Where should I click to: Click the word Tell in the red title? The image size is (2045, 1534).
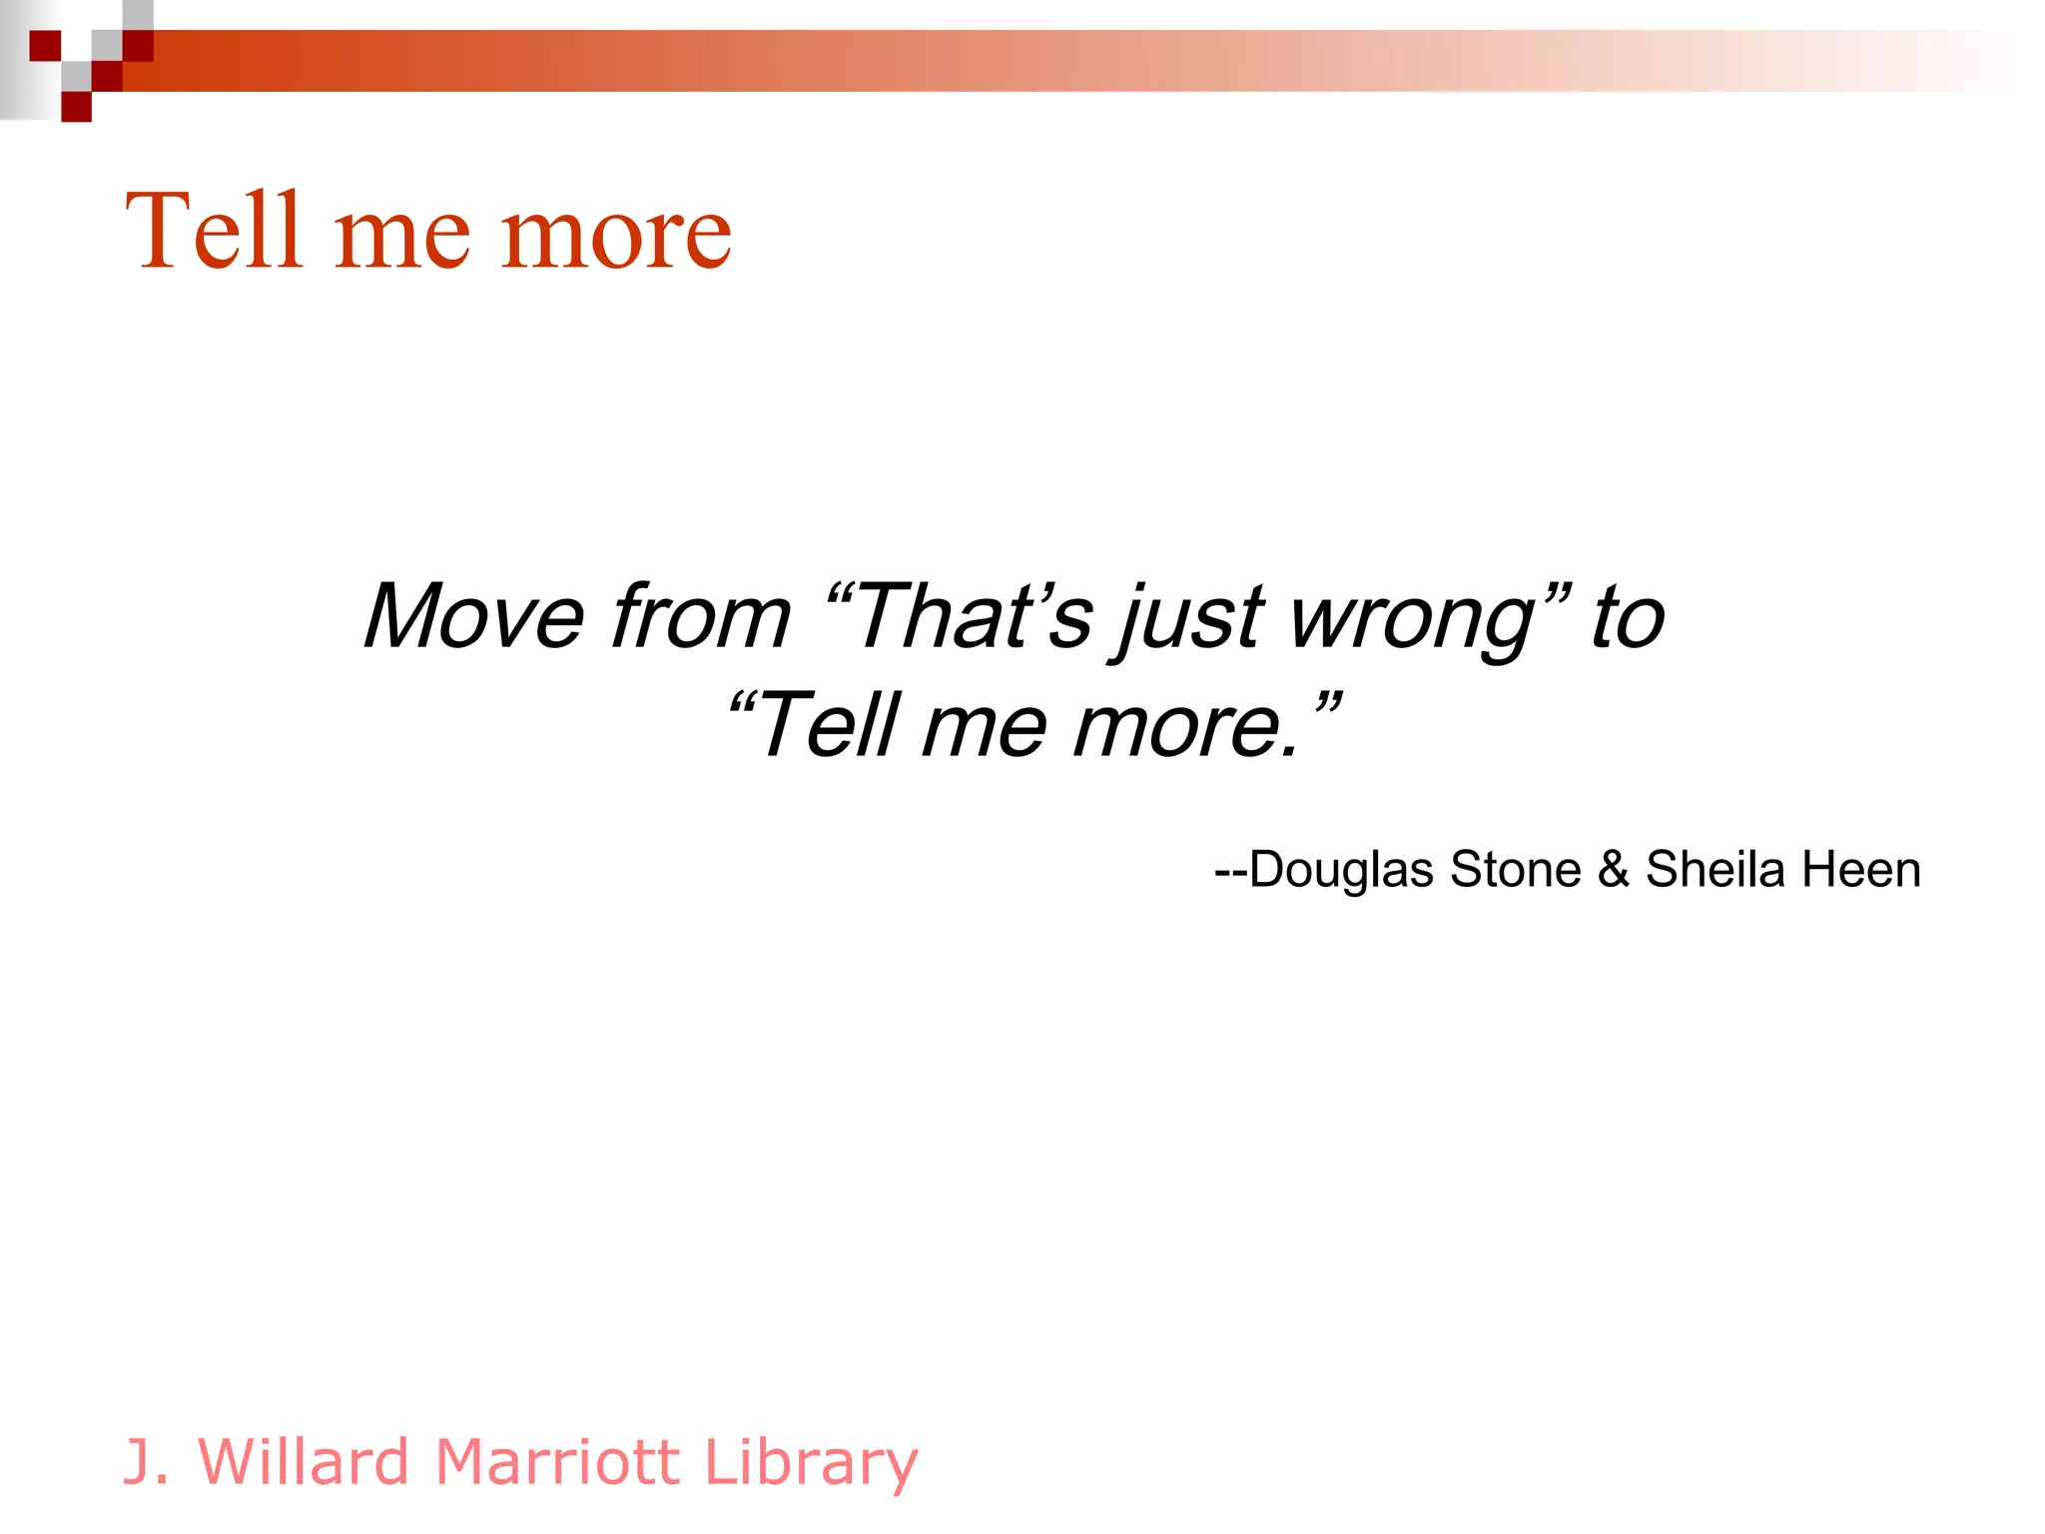[214, 232]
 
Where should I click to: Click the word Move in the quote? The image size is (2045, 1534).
[473, 617]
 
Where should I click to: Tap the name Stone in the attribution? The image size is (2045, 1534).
[1515, 869]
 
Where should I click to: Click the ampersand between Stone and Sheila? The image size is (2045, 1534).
[1613, 869]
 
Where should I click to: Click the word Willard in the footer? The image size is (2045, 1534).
[304, 1462]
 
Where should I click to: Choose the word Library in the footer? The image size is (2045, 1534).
[810, 1464]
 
